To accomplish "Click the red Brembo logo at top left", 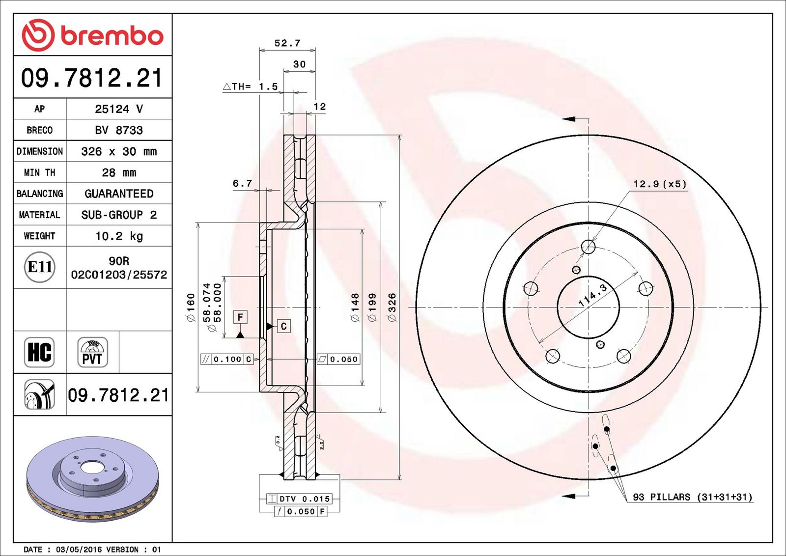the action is pos(92,35).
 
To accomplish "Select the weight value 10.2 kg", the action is pos(119,236).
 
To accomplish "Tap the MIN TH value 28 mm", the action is pos(119,172).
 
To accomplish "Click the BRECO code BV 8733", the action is pos(119,130).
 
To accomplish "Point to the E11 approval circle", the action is pos(40,267).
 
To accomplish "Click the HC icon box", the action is pos(39,352).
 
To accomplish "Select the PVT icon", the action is pos(92,352).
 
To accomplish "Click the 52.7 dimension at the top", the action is pos(287,43).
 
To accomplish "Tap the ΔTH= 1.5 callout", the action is pos(250,86).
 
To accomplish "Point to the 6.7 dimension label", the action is pos(242,184).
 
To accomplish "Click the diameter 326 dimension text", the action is pos(392,307).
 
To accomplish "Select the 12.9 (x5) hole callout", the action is pos(660,184).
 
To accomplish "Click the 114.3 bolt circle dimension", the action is pos(592,295).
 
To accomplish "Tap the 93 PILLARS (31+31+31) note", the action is pos(693,497).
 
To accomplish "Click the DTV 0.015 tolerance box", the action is pos(299,499).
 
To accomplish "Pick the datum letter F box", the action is pos(240,317).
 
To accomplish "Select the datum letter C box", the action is pos(284,326).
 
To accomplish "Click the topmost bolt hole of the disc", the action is pos(588,247).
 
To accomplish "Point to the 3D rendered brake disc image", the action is pos(93,479).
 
